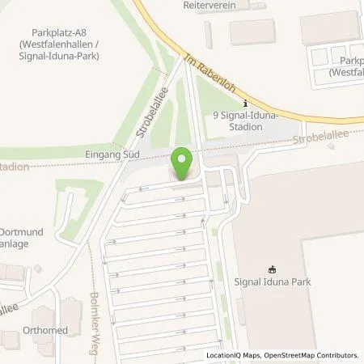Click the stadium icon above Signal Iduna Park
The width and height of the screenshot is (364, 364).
(x=272, y=270)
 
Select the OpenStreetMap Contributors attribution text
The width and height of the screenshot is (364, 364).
(x=318, y=355)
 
